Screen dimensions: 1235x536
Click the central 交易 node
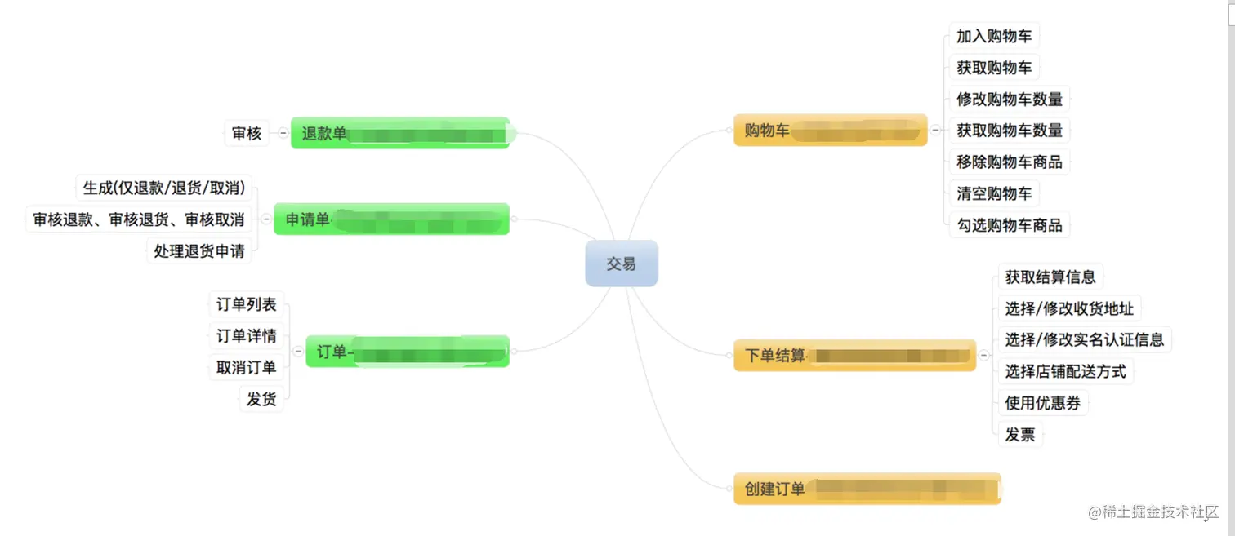[x=621, y=264]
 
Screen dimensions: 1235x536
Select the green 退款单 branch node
[x=400, y=133]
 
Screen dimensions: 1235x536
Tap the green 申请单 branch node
[x=391, y=219]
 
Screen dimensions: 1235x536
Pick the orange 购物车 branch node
[x=830, y=130]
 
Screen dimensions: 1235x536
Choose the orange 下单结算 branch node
[x=854, y=356]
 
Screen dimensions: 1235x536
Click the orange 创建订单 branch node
[x=867, y=489]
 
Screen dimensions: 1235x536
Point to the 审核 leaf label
[x=246, y=133]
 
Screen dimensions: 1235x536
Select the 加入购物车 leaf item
[x=994, y=36]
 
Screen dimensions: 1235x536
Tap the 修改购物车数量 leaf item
[x=1010, y=99]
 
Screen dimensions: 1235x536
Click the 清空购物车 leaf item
[x=994, y=193]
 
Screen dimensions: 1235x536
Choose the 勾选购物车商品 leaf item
[x=1010, y=225]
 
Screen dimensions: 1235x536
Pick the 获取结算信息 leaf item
[x=1050, y=277]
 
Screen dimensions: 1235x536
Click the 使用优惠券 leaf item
[x=1043, y=403]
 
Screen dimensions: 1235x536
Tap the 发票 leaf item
[x=1020, y=435]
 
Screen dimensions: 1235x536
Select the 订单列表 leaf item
[x=246, y=304]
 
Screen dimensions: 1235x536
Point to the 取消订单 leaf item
[x=246, y=367]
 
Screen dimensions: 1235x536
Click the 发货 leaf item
[x=261, y=399]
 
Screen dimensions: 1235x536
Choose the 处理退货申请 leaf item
[x=199, y=251]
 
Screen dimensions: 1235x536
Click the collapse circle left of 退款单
[x=283, y=133]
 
